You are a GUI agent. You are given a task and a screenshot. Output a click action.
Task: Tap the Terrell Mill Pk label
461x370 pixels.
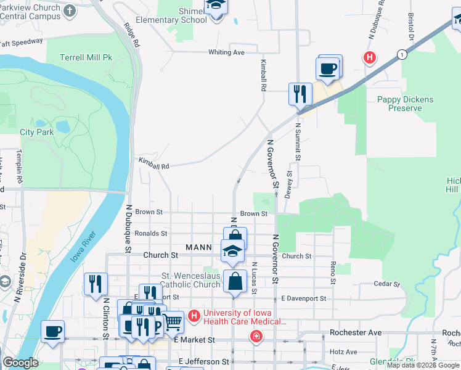pyautogui.click(x=86, y=58)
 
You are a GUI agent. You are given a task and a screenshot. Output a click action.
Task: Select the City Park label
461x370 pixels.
pyautogui.click(x=36, y=132)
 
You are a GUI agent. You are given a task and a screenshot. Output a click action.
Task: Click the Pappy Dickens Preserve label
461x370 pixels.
pyautogui.click(x=405, y=104)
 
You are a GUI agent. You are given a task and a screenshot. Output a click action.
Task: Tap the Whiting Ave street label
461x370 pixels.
pyautogui.click(x=226, y=52)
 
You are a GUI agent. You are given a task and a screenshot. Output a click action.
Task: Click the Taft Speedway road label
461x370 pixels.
pyautogui.click(x=22, y=43)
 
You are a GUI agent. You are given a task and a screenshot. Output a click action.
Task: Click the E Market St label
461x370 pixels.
pyautogui.click(x=194, y=340)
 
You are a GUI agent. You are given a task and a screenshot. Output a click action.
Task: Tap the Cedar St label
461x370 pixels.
pyautogui.click(x=388, y=284)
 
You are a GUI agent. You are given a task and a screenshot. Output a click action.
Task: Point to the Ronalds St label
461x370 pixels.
pyautogui.click(x=151, y=234)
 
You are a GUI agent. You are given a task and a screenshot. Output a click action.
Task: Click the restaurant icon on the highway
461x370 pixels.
pyautogui.click(x=300, y=94)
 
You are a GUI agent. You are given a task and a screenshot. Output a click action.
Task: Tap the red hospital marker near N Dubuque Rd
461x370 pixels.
pyautogui.click(x=370, y=59)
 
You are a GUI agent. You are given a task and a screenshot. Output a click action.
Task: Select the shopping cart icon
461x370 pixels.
pyautogui.click(x=173, y=322)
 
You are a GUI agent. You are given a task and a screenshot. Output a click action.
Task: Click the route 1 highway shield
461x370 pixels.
pyautogui.click(x=402, y=55)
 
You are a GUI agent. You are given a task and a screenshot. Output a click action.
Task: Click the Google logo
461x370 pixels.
pyautogui.click(x=20, y=363)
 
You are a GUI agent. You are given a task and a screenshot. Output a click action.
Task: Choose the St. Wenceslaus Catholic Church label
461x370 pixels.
pyautogui.click(x=190, y=280)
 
